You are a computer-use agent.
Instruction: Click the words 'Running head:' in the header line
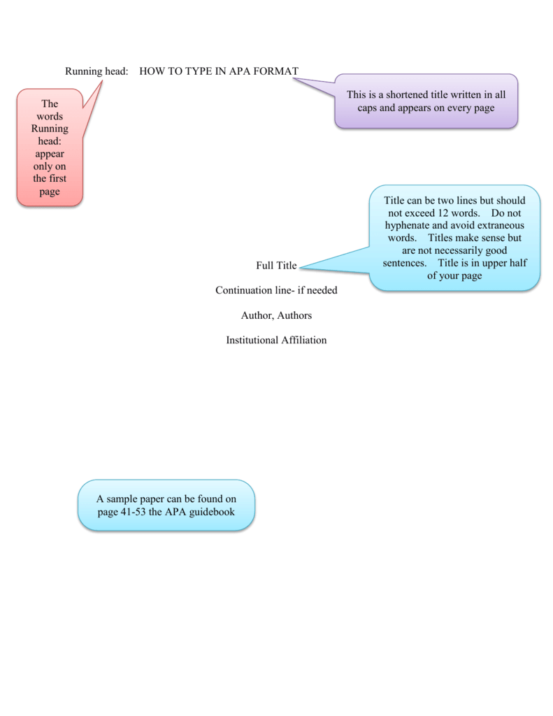tap(96, 71)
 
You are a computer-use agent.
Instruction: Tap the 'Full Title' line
tap(276, 266)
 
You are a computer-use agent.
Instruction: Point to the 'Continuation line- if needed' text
tap(276, 290)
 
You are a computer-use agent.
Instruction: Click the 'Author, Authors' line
tap(276, 315)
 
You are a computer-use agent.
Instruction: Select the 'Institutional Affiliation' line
tap(276, 341)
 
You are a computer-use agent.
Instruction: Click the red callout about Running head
tap(50, 148)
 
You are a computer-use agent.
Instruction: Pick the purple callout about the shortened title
tap(426, 101)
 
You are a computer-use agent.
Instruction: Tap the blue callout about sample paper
tap(166, 505)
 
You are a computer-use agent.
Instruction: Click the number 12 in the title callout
tap(452, 213)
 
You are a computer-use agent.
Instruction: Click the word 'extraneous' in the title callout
tap(501, 225)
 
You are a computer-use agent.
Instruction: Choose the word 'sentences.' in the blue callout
tap(404, 263)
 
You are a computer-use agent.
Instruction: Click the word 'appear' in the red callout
tap(50, 154)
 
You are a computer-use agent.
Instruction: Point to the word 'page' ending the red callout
tap(50, 192)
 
